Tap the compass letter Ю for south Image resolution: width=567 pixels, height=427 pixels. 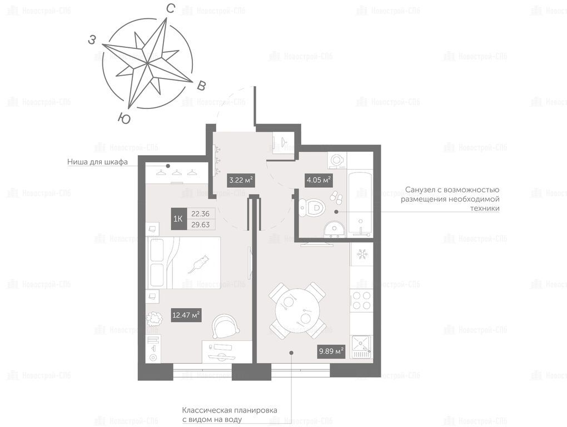pos(124,118)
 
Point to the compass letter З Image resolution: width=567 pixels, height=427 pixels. pos(92,40)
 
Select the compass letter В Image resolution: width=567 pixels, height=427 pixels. pos(201,85)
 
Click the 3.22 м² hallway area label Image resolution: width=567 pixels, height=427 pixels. pos(241,180)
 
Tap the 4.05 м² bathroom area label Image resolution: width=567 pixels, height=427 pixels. pos(319,180)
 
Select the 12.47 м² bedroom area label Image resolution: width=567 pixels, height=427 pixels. pos(186,315)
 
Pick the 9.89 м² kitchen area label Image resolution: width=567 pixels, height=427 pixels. pos(331,351)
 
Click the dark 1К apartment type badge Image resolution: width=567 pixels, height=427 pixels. pos(178,219)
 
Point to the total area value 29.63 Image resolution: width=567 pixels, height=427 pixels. pos(201,225)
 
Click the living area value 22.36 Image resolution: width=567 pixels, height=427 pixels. pos(201,213)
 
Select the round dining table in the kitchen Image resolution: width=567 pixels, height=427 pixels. pos(298,310)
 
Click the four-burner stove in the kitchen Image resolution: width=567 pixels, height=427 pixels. pos(362,300)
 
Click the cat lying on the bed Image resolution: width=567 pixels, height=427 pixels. pos(198,264)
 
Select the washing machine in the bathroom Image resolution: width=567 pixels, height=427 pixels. pos(337,160)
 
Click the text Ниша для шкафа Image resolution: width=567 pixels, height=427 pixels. pos(98,162)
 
